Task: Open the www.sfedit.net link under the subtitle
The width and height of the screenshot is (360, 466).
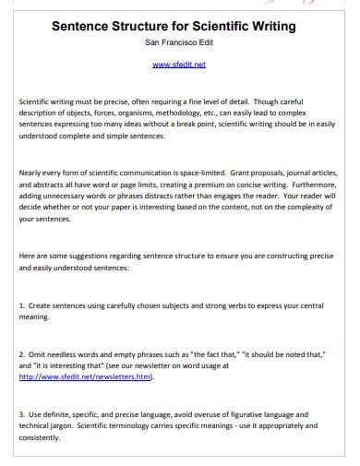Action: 179,65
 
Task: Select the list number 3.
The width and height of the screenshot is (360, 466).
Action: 21,415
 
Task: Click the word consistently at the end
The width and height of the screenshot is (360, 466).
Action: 40,438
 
